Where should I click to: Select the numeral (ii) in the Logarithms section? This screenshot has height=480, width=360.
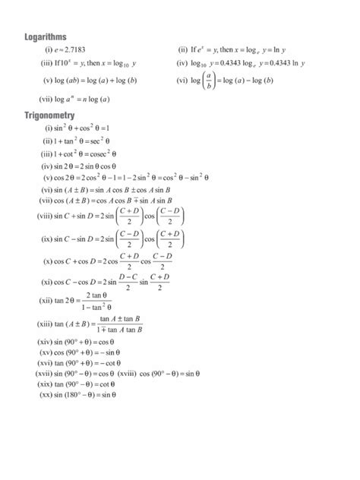183,49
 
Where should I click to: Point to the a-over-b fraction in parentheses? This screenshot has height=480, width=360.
210,80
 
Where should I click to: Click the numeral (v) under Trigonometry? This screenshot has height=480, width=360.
49,177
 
